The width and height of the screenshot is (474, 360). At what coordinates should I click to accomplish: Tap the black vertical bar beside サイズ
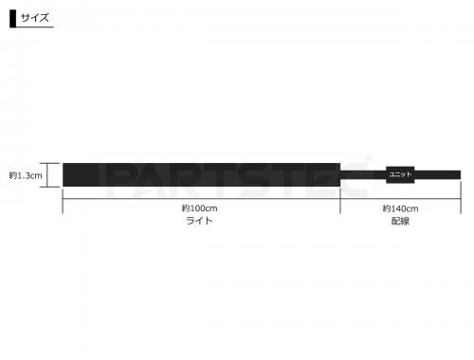click(12, 18)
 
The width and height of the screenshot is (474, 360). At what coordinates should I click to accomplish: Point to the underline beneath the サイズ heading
click(237, 27)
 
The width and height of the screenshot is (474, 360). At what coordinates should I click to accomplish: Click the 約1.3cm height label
click(25, 175)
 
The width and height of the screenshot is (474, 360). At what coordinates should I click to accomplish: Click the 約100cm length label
click(200, 207)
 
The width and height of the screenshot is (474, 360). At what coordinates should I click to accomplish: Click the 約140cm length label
click(401, 207)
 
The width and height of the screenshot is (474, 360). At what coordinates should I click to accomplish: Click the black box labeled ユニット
click(400, 175)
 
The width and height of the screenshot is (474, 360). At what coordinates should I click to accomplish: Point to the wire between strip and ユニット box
click(363, 175)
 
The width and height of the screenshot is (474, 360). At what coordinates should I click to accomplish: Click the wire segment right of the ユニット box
click(437, 175)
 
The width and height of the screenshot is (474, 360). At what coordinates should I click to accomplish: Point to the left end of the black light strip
click(65, 175)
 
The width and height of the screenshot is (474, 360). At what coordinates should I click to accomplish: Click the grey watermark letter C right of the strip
click(355, 174)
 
